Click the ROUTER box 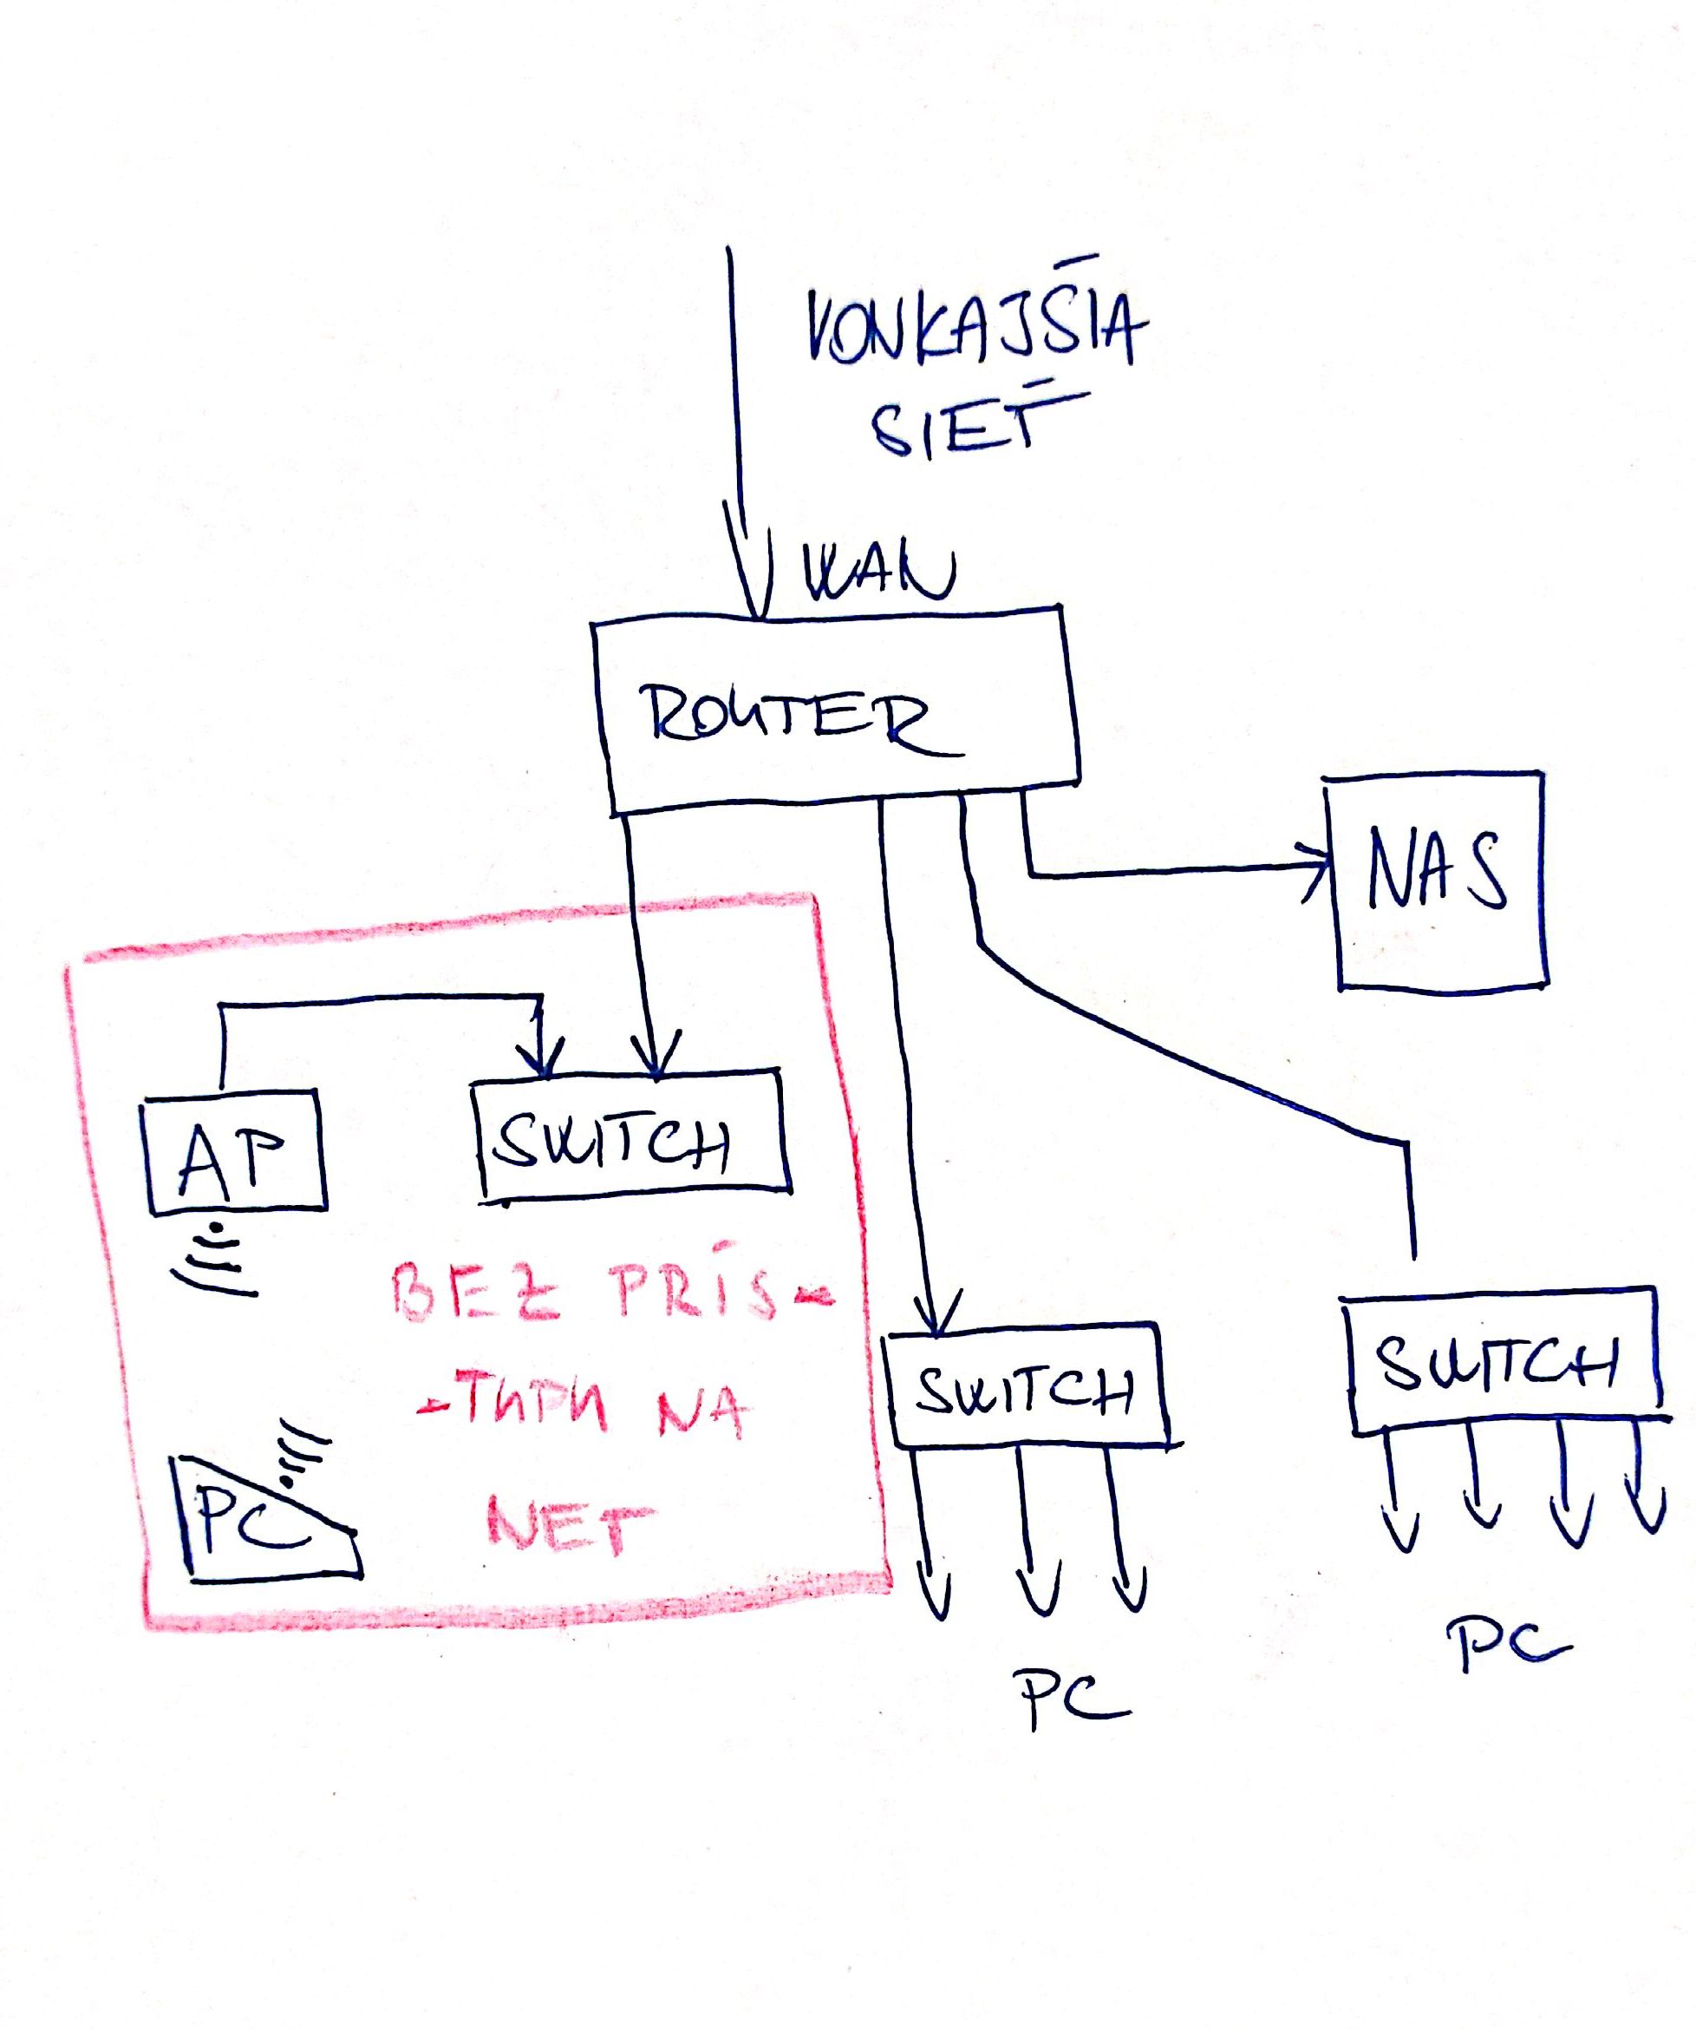click(836, 710)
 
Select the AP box click(234, 1153)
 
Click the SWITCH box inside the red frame click(633, 1139)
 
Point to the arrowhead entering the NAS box click(1319, 868)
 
